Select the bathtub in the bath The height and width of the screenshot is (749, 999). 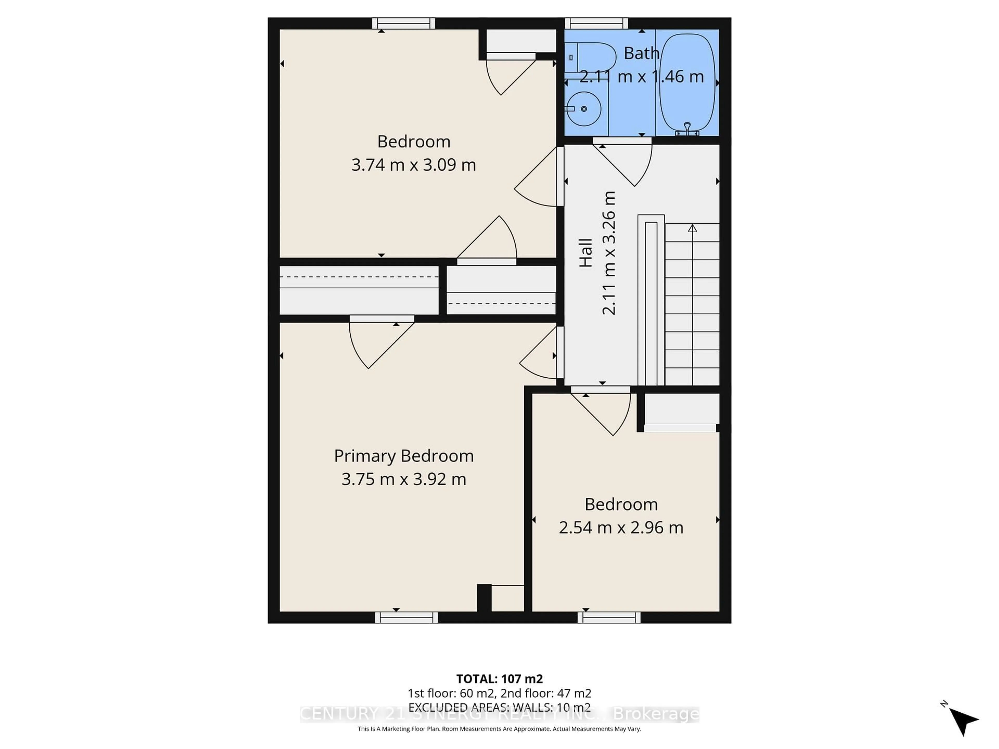687,83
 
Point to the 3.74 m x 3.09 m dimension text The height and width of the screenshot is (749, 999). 414,165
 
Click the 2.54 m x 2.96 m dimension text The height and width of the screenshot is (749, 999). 621,527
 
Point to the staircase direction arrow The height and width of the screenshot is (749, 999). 692,228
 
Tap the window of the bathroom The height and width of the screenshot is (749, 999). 596,23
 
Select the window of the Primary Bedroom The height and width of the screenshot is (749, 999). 406,618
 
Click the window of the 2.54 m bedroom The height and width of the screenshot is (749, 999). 609,618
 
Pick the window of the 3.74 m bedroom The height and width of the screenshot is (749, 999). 403,23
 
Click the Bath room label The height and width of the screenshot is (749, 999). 641,53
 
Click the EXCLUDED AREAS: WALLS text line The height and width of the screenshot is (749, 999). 499,707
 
